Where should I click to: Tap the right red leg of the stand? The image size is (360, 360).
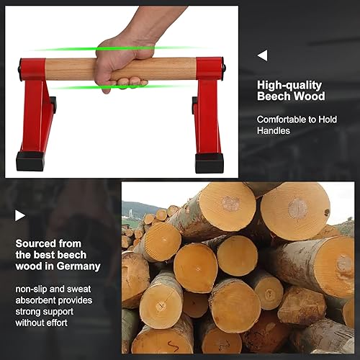click(209, 115)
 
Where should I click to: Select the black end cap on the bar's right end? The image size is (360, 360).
click(224, 69)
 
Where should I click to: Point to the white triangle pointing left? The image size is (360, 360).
click(262, 55)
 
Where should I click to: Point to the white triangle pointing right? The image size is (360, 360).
click(20, 215)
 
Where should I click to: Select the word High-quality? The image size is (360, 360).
click(289, 84)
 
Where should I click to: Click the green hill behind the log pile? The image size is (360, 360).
click(134, 210)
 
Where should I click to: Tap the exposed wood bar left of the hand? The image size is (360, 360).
click(72, 69)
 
